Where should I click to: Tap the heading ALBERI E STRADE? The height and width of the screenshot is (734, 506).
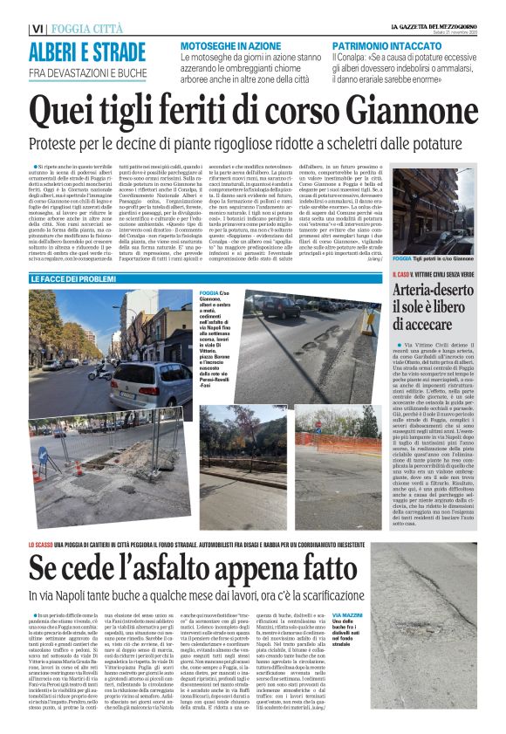79,51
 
